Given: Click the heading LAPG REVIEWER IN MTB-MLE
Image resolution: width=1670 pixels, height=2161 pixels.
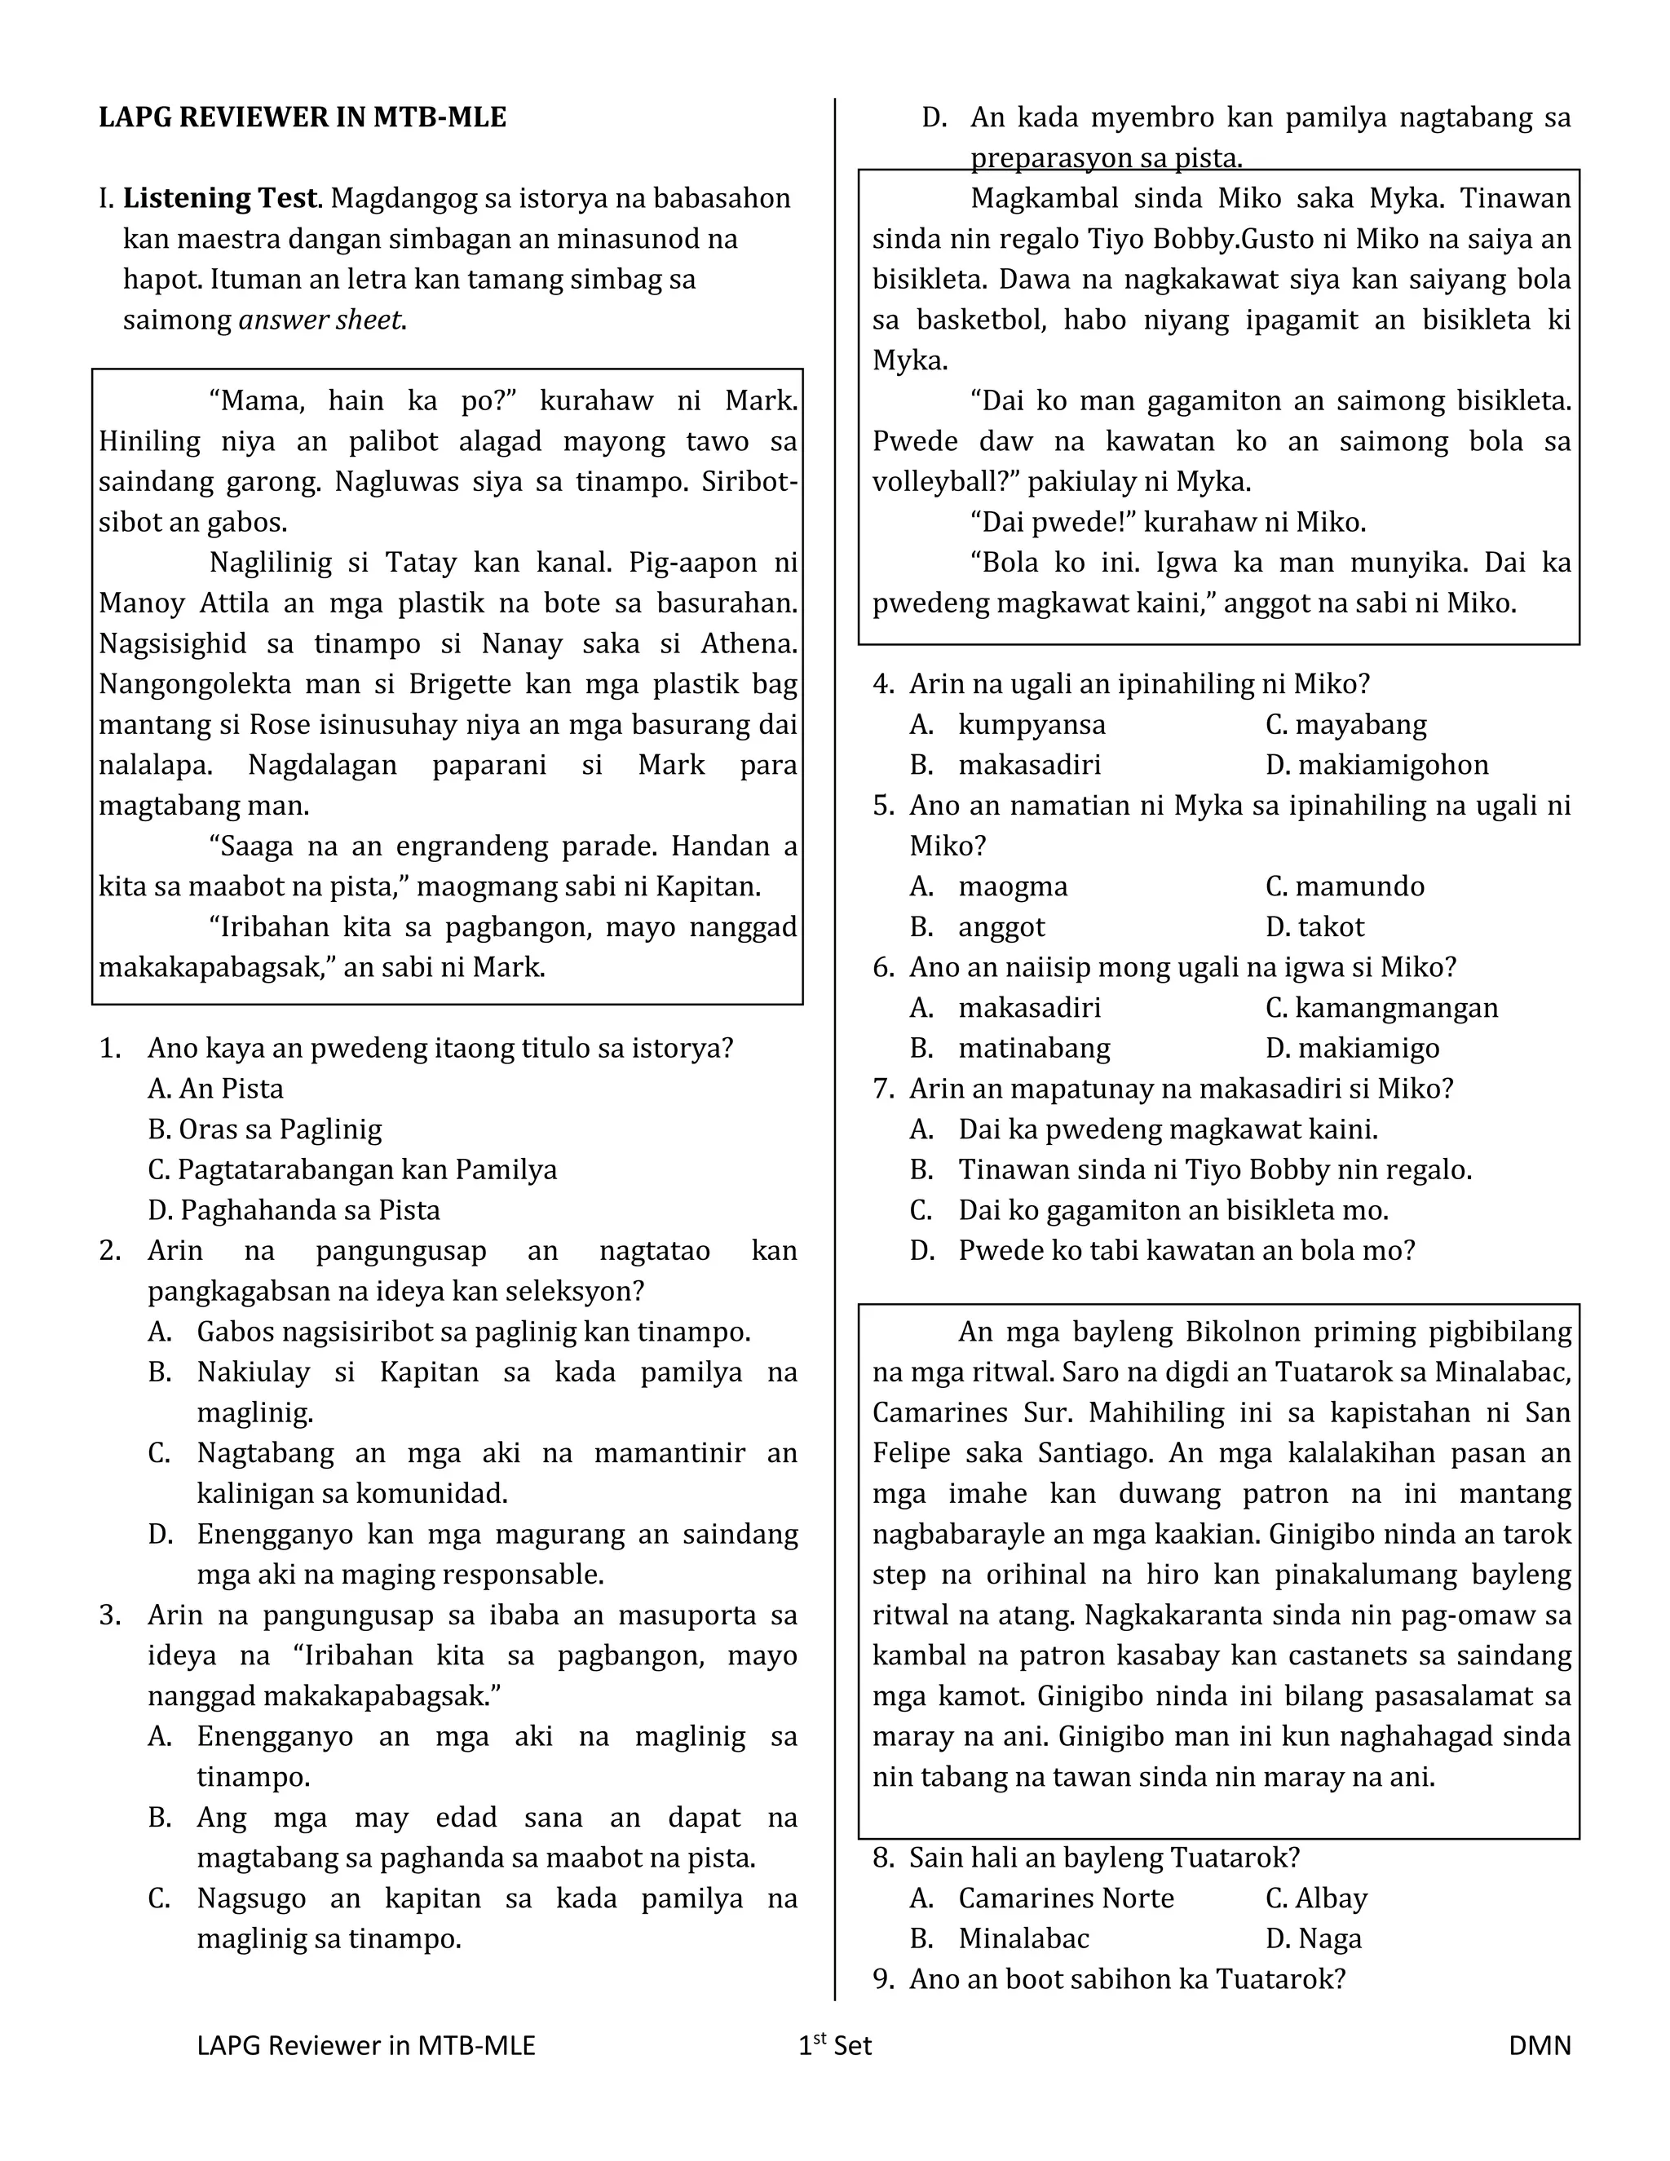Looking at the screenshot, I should pyautogui.click(x=302, y=117).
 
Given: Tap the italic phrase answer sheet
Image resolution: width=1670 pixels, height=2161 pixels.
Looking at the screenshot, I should pyautogui.click(x=321, y=320).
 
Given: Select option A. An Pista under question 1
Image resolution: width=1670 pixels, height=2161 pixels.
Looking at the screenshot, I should pyautogui.click(x=215, y=1089).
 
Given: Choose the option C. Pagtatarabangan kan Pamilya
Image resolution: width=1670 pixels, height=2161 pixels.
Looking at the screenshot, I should pyautogui.click(x=352, y=1170).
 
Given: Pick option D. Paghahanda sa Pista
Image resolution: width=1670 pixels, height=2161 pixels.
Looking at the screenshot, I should pyautogui.click(x=294, y=1211).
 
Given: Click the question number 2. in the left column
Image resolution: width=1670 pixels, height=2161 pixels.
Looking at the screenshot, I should pyautogui.click(x=110, y=1252).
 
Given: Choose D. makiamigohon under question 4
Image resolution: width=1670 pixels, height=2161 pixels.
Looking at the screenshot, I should pyautogui.click(x=1376, y=766).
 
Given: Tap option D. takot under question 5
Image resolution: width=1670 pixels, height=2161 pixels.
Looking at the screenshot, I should pyautogui.click(x=1314, y=928).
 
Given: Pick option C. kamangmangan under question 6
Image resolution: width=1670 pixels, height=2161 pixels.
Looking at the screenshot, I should pyautogui.click(x=1381, y=1008).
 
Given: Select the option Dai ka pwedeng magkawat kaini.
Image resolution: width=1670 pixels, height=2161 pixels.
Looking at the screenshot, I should pyautogui.click(x=1168, y=1130).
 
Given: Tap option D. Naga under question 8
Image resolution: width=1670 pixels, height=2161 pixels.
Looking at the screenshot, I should pyautogui.click(x=1313, y=1939).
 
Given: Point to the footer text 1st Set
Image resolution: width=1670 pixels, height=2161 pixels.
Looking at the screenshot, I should pyautogui.click(x=835, y=2046).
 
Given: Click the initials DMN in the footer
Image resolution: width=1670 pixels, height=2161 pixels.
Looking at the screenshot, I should pyautogui.click(x=1540, y=2046).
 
